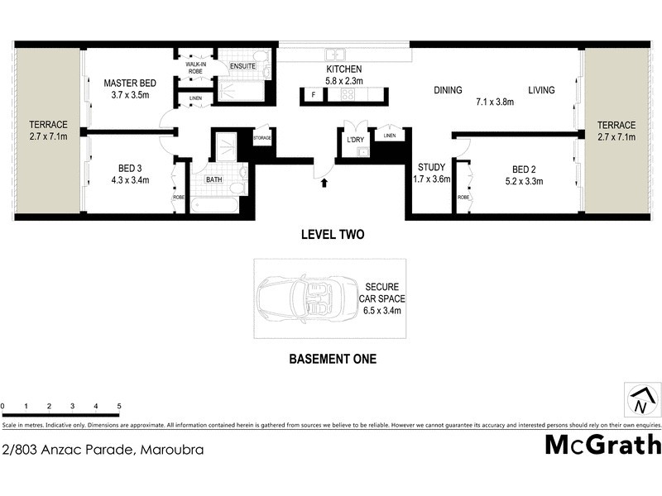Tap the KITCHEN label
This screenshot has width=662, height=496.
pos(345,69)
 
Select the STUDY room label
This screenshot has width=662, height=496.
pos(431,167)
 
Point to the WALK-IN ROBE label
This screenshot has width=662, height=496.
pos(195,67)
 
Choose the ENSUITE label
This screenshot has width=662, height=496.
pos(242,66)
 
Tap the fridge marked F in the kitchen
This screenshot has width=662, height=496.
pos(313,95)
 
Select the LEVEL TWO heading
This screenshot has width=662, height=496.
pos(332,235)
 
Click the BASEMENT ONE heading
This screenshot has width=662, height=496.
pos(332,359)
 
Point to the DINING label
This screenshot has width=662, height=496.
pos(447,91)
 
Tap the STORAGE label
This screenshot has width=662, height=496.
pos(262,138)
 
